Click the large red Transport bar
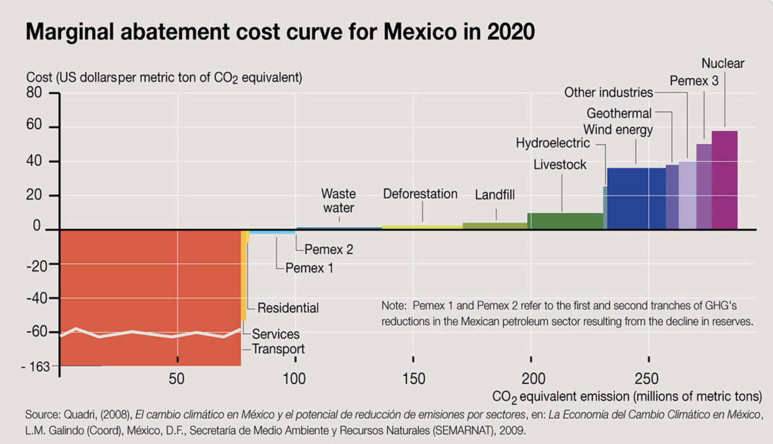(x=150, y=284)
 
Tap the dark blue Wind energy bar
(x=636, y=199)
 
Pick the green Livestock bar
(x=565, y=221)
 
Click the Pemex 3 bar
(x=704, y=187)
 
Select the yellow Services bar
(x=243, y=276)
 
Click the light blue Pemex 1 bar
(x=272, y=232)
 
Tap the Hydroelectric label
(x=552, y=143)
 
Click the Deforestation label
(x=420, y=194)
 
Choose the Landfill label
(x=494, y=195)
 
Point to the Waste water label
(x=338, y=200)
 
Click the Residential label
(x=288, y=308)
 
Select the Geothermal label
(x=618, y=113)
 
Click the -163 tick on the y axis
(x=36, y=367)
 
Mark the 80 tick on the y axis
(x=34, y=93)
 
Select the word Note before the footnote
(x=393, y=306)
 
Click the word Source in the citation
(x=42, y=415)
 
